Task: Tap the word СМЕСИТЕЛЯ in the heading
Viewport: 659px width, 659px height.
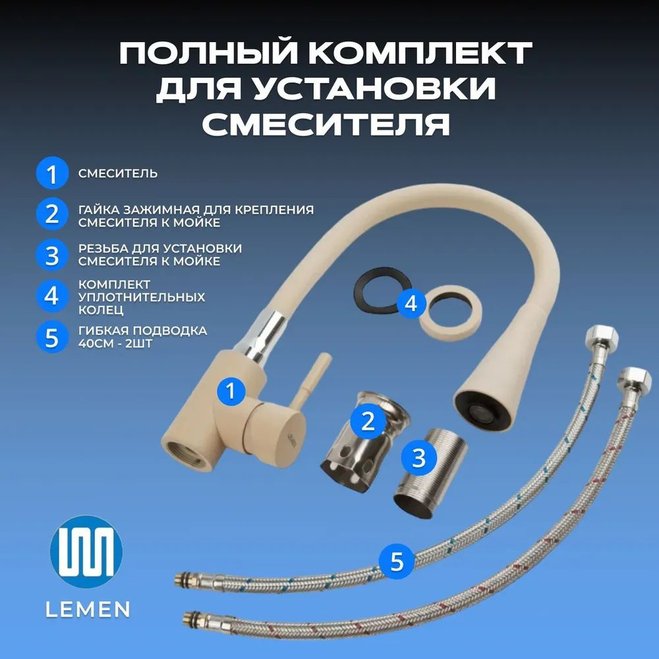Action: (x=326, y=124)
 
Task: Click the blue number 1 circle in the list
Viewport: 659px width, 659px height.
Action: (x=52, y=173)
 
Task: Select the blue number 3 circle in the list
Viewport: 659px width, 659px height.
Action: (x=52, y=254)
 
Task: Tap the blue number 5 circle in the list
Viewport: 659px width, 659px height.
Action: (x=52, y=337)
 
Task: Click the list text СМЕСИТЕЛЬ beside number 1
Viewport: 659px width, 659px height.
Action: (x=118, y=173)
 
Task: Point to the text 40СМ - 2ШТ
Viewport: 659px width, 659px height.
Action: (x=115, y=343)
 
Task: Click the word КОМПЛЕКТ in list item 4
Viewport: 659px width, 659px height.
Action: (x=114, y=285)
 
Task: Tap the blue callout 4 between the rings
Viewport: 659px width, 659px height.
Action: (x=411, y=303)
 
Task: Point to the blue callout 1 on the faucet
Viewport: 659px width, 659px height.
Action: (x=231, y=391)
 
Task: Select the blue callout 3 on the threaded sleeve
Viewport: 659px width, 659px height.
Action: (x=418, y=458)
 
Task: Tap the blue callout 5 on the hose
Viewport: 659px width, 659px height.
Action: (x=397, y=561)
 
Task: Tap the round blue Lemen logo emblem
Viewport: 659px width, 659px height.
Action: (x=86, y=551)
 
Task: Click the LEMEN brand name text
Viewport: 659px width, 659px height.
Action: (x=88, y=610)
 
